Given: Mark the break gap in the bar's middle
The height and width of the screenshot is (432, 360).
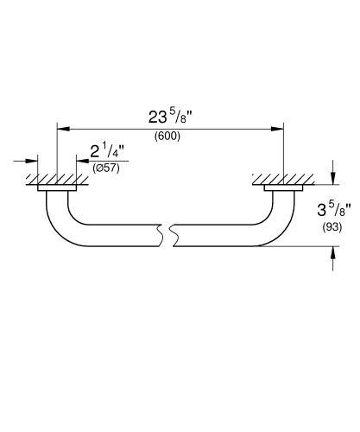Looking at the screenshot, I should click(x=165, y=234).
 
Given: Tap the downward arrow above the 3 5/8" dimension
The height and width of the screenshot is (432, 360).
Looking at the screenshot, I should click(x=332, y=177).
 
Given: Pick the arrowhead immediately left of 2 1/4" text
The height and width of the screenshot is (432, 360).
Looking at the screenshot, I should click(x=82, y=161).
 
